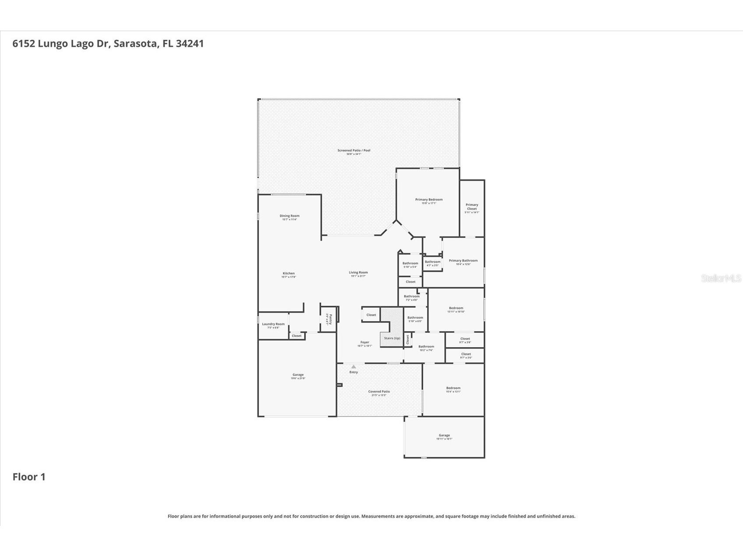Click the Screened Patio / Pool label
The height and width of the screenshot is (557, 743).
(354, 151)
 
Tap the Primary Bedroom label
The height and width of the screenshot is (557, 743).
(429, 200)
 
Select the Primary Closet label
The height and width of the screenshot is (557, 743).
(472, 207)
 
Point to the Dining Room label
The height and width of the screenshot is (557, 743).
(289, 216)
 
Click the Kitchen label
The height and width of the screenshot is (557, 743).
(289, 273)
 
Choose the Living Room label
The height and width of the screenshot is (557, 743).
(358, 273)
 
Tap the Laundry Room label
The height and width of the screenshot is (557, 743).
(273, 324)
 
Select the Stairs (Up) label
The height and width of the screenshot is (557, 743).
(392, 338)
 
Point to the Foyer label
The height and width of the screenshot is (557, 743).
(365, 342)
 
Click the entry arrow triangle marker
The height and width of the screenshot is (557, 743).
(353, 367)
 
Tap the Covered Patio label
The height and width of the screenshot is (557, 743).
(379, 391)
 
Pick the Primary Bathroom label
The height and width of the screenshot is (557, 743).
(463, 261)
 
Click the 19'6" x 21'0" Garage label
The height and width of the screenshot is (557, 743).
(298, 375)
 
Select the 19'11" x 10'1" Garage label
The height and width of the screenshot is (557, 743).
(444, 435)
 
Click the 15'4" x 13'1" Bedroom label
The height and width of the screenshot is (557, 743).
(453, 388)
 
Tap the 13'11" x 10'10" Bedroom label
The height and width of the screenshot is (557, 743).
(456, 308)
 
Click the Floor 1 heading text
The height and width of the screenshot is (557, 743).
(29, 477)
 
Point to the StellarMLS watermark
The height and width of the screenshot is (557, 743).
(721, 278)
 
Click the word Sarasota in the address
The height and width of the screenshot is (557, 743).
(136, 43)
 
